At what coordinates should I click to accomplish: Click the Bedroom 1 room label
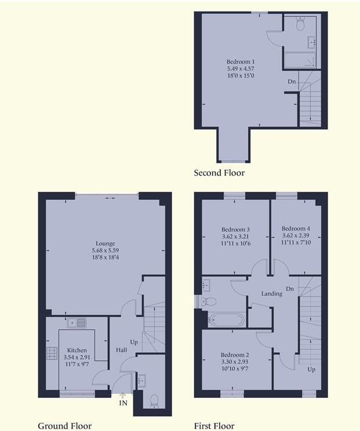point(240,61)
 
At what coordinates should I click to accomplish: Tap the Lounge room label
point(106,243)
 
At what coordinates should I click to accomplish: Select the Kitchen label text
point(77,350)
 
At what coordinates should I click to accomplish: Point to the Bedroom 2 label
point(235,355)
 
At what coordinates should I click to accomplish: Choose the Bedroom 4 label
point(296,228)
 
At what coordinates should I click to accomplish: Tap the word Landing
point(271,294)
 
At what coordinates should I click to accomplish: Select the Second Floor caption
point(219,173)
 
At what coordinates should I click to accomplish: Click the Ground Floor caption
point(64,426)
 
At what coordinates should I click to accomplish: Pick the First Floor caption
point(214,426)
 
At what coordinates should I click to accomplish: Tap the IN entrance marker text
point(123,403)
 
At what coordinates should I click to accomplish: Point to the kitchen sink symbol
point(77,323)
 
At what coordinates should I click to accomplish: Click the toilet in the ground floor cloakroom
point(154,400)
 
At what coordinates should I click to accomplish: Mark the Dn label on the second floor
point(292,82)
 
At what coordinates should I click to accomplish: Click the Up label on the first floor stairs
point(311,369)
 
